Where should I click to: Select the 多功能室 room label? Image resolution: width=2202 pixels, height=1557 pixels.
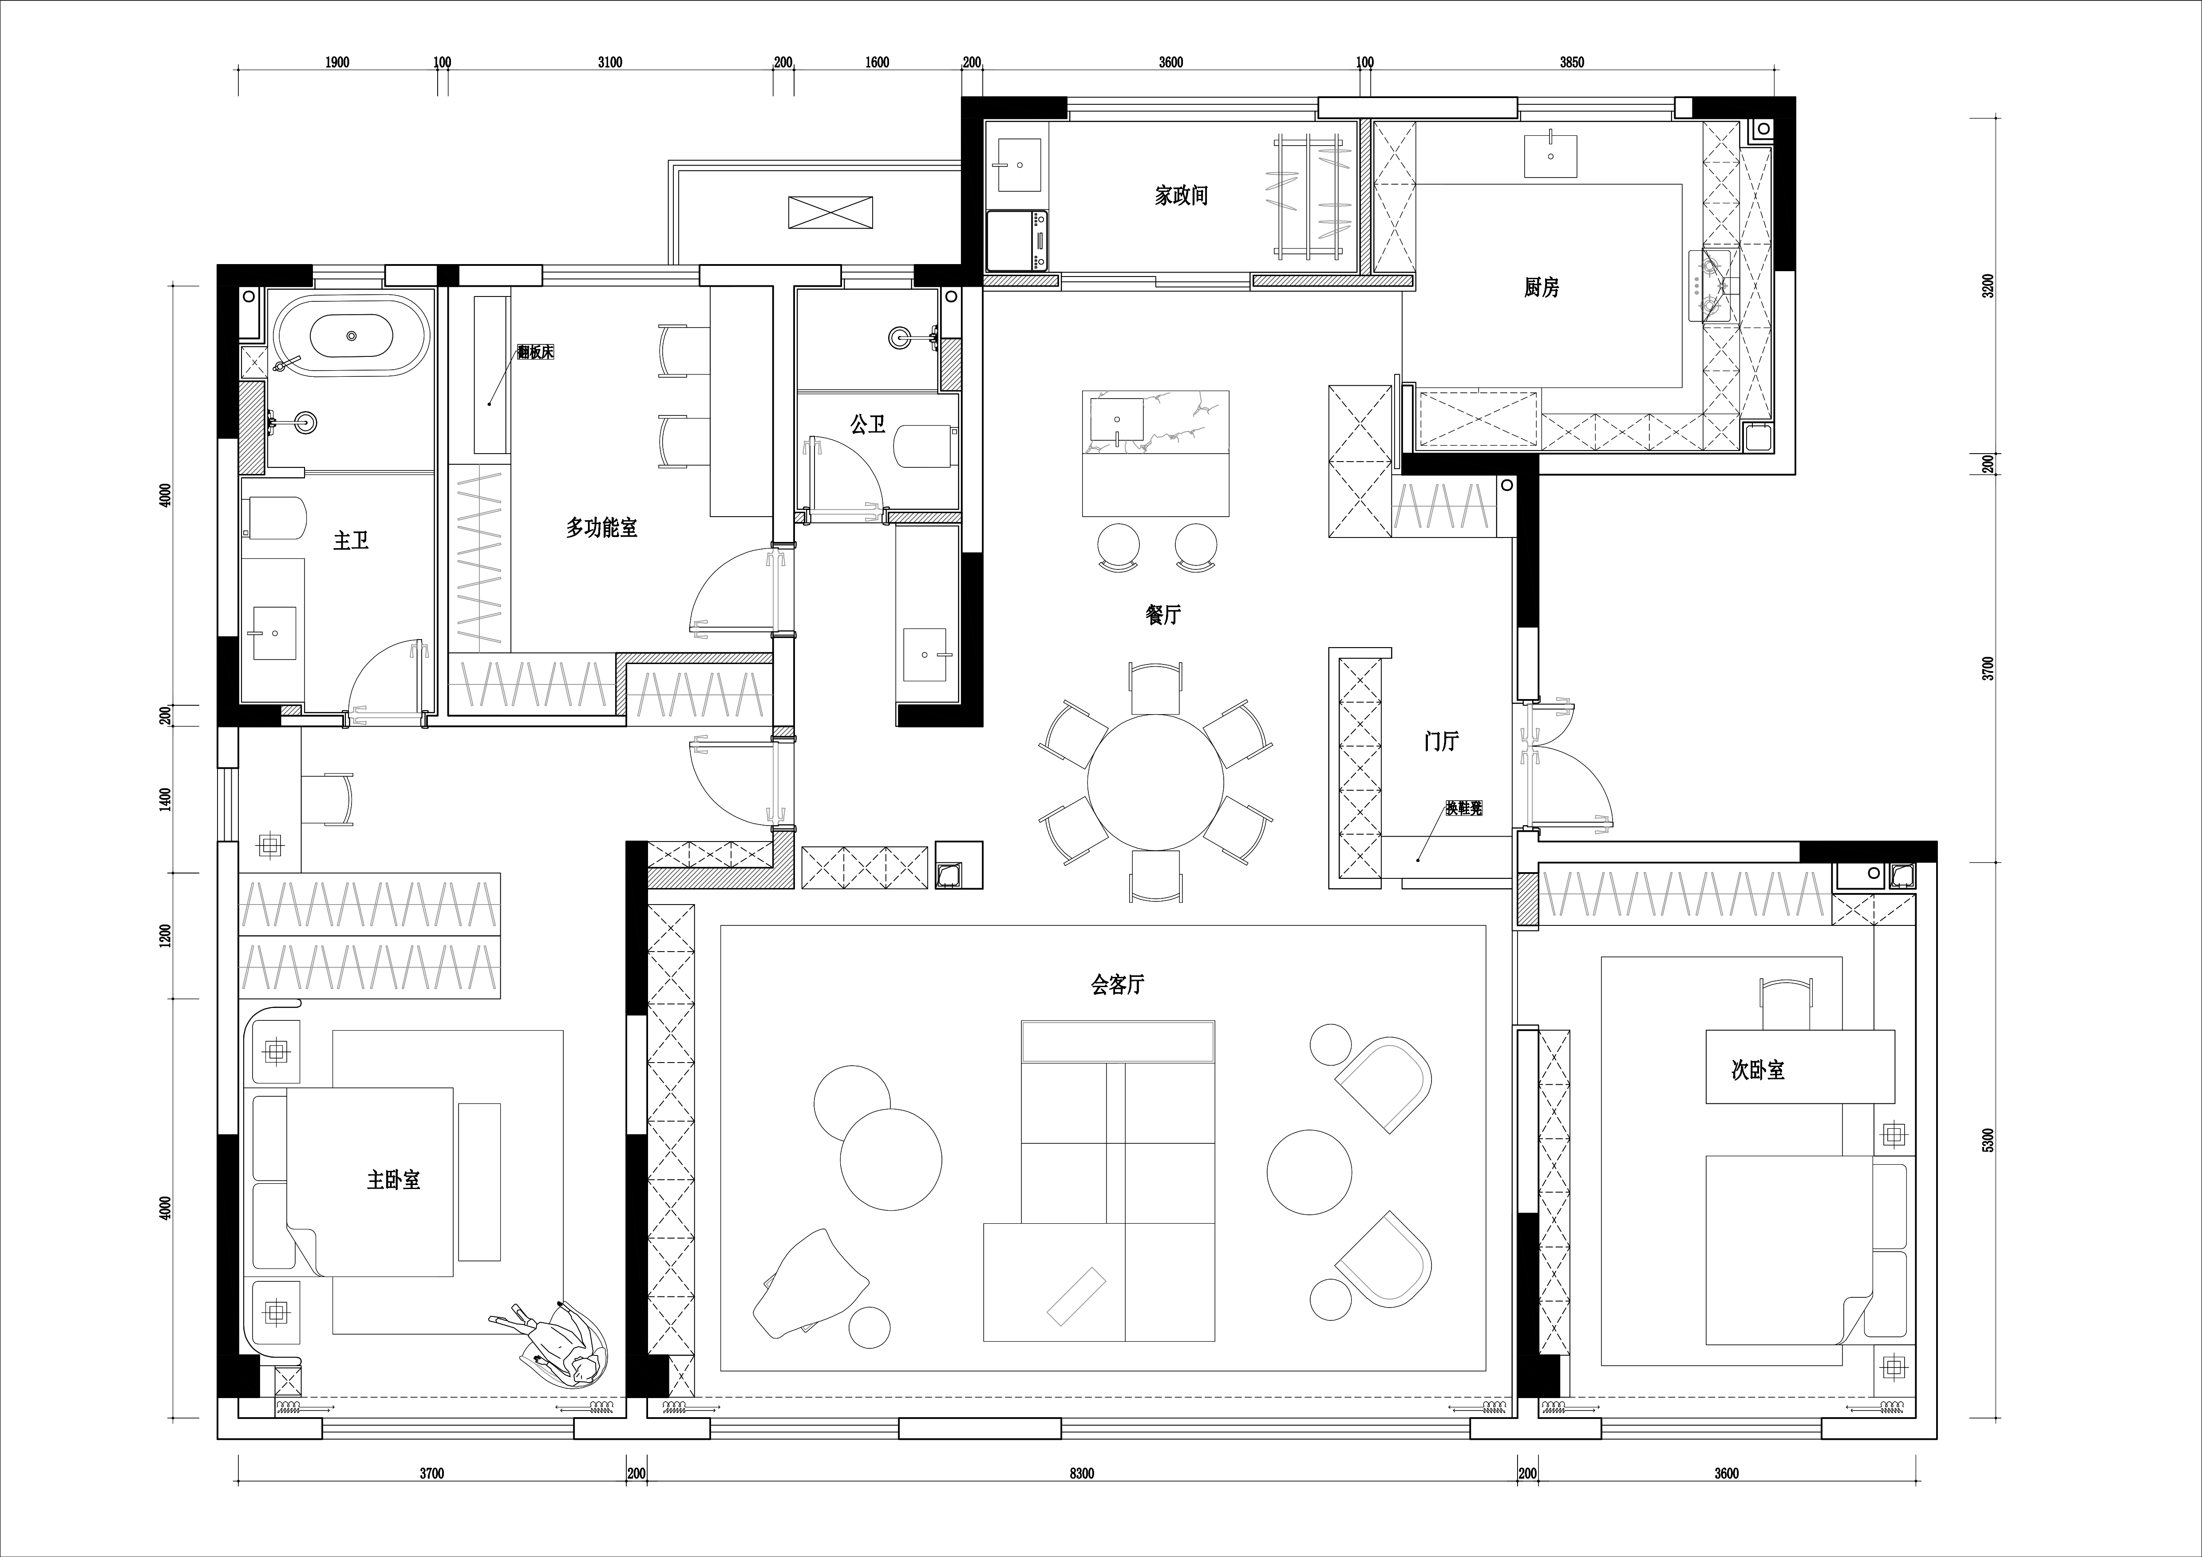pyautogui.click(x=601, y=527)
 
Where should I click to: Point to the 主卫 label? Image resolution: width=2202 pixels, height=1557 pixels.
pyautogui.click(x=351, y=541)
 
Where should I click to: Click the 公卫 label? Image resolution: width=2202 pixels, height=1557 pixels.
pyautogui.click(x=868, y=424)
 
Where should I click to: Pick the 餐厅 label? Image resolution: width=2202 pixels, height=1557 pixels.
pyautogui.click(x=1163, y=615)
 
